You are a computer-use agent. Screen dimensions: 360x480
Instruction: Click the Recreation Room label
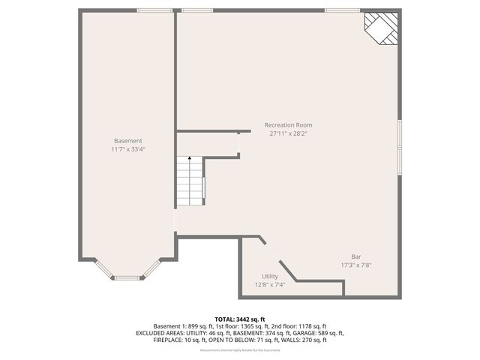point(288,125)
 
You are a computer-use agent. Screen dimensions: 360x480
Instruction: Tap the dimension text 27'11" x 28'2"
point(288,133)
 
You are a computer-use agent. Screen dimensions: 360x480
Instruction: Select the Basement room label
point(127,141)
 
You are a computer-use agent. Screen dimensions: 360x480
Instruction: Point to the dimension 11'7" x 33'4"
point(127,149)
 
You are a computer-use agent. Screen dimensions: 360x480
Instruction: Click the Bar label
point(356,256)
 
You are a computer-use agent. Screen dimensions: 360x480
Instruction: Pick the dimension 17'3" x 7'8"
point(356,265)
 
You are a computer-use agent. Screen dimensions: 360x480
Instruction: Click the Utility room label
point(270,276)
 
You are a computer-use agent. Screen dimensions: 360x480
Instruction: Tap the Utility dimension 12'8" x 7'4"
point(270,284)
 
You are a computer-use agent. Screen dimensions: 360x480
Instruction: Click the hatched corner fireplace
point(382,28)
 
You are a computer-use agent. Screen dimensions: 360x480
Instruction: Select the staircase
point(190,183)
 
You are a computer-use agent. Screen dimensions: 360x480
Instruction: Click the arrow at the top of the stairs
point(190,159)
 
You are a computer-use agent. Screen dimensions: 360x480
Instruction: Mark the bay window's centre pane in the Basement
point(127,278)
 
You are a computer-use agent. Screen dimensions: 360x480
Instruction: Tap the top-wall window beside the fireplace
point(341,10)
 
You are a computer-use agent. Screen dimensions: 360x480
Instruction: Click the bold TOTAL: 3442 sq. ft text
point(240,319)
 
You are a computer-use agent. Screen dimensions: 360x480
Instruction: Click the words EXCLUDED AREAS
point(159,333)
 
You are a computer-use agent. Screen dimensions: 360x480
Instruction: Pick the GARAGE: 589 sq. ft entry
point(320,333)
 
